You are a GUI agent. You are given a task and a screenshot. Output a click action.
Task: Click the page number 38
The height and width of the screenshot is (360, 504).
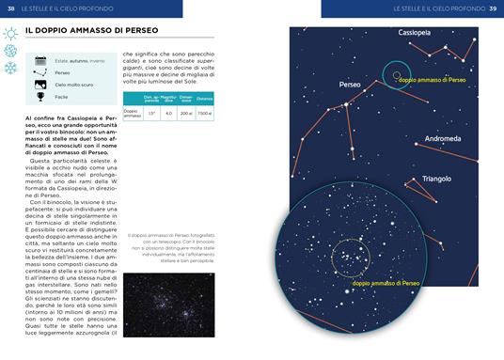tap(10, 8)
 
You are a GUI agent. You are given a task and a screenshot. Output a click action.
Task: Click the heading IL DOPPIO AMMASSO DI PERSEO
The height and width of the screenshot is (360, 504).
tap(91, 31)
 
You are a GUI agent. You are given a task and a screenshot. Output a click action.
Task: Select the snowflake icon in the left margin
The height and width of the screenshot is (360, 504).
tap(10, 68)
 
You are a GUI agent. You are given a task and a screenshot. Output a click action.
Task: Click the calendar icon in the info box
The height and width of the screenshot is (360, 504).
tap(40, 60)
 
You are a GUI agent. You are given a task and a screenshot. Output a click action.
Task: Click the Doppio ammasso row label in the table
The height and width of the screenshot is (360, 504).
tap(132, 113)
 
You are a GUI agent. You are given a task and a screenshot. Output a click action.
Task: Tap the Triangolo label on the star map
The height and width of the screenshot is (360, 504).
tap(436, 178)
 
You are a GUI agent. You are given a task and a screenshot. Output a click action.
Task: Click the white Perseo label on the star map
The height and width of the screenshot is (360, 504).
tap(350, 85)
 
